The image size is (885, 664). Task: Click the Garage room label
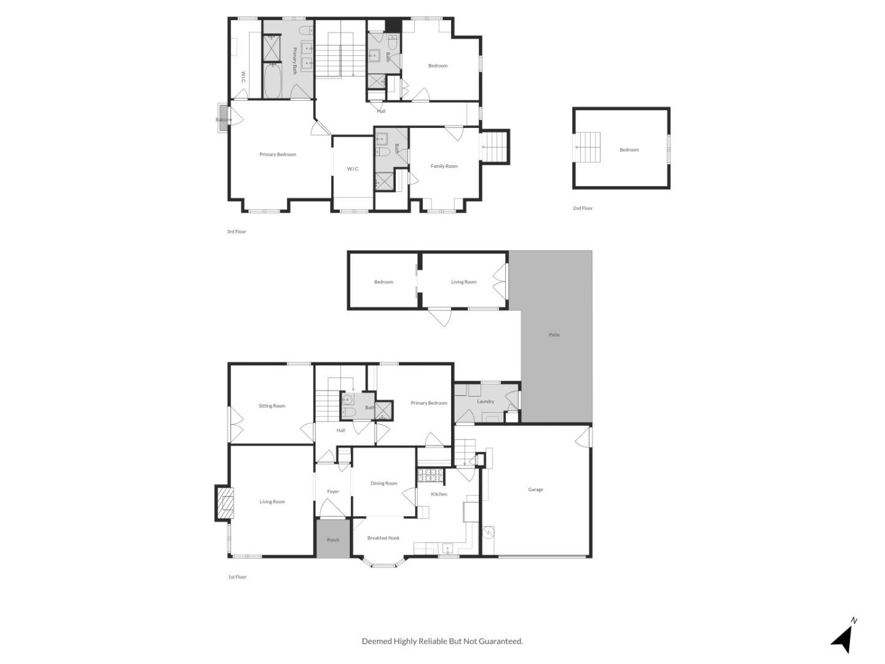click(535, 490)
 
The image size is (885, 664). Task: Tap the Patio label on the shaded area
click(554, 335)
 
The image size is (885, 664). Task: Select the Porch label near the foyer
click(332, 540)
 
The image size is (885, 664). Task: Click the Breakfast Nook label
click(383, 538)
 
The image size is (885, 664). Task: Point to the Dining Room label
click(383, 483)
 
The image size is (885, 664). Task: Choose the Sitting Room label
click(272, 406)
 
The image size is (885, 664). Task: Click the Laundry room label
click(486, 401)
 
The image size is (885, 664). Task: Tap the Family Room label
click(444, 166)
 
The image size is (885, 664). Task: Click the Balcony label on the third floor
click(223, 120)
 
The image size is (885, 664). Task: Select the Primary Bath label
click(294, 61)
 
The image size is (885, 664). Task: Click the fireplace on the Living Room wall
click(225, 504)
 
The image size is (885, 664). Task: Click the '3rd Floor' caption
click(237, 232)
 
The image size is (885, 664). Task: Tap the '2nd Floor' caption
click(583, 208)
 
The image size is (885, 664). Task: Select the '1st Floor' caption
click(237, 577)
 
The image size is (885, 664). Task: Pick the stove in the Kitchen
click(426, 475)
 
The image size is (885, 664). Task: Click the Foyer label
click(332, 491)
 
